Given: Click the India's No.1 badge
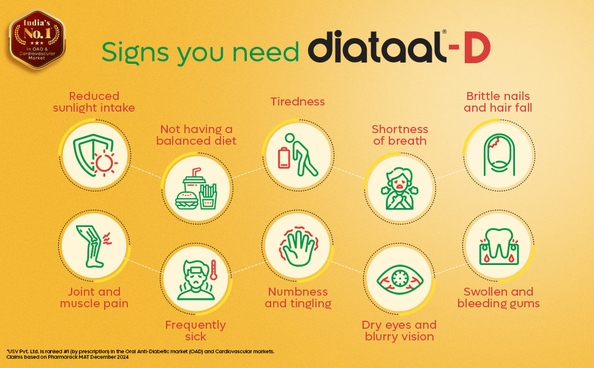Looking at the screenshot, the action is tap(37, 39).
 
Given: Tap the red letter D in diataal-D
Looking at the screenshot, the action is tap(477, 48).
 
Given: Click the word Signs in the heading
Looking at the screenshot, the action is tap(135, 52).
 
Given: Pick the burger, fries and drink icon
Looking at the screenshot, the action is tap(196, 188).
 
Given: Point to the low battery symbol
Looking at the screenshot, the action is tap(284, 158).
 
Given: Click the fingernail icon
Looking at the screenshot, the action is tap(499, 154).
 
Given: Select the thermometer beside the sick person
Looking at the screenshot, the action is tap(213, 270).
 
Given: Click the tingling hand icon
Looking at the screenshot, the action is tap(298, 246).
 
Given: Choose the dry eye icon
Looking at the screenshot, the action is tap(400, 279).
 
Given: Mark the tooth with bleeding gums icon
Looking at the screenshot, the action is tap(499, 246).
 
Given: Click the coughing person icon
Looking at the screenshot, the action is tap(400, 188).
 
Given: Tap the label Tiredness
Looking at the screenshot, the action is tap(298, 102).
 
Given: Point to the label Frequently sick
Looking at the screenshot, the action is tap(195, 331).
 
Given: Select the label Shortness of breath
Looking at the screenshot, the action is tap(400, 135).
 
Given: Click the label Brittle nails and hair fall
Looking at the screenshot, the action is tap(498, 102).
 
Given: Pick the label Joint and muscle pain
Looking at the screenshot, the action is tap(94, 297).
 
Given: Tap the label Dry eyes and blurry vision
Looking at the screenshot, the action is tap(399, 331).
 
